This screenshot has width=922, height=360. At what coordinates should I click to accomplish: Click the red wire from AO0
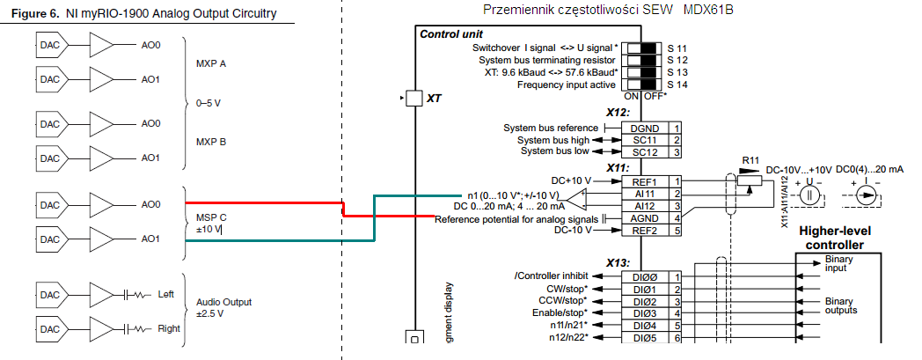click(264, 203)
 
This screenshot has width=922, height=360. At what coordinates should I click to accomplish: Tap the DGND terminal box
click(645, 129)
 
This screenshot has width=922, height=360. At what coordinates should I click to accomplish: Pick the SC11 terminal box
click(645, 140)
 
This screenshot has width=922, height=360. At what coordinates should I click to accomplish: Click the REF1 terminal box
click(645, 180)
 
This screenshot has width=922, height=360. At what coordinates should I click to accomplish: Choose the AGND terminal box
click(645, 217)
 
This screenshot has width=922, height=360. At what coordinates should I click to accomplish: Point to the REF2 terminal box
click(645, 230)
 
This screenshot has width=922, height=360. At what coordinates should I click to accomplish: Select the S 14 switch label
click(677, 84)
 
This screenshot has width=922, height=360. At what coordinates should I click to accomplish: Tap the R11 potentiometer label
click(750, 159)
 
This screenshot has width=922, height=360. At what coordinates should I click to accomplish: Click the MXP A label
click(210, 63)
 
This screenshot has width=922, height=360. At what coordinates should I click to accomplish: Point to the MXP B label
click(210, 141)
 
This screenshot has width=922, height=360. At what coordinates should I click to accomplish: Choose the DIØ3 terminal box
click(645, 312)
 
